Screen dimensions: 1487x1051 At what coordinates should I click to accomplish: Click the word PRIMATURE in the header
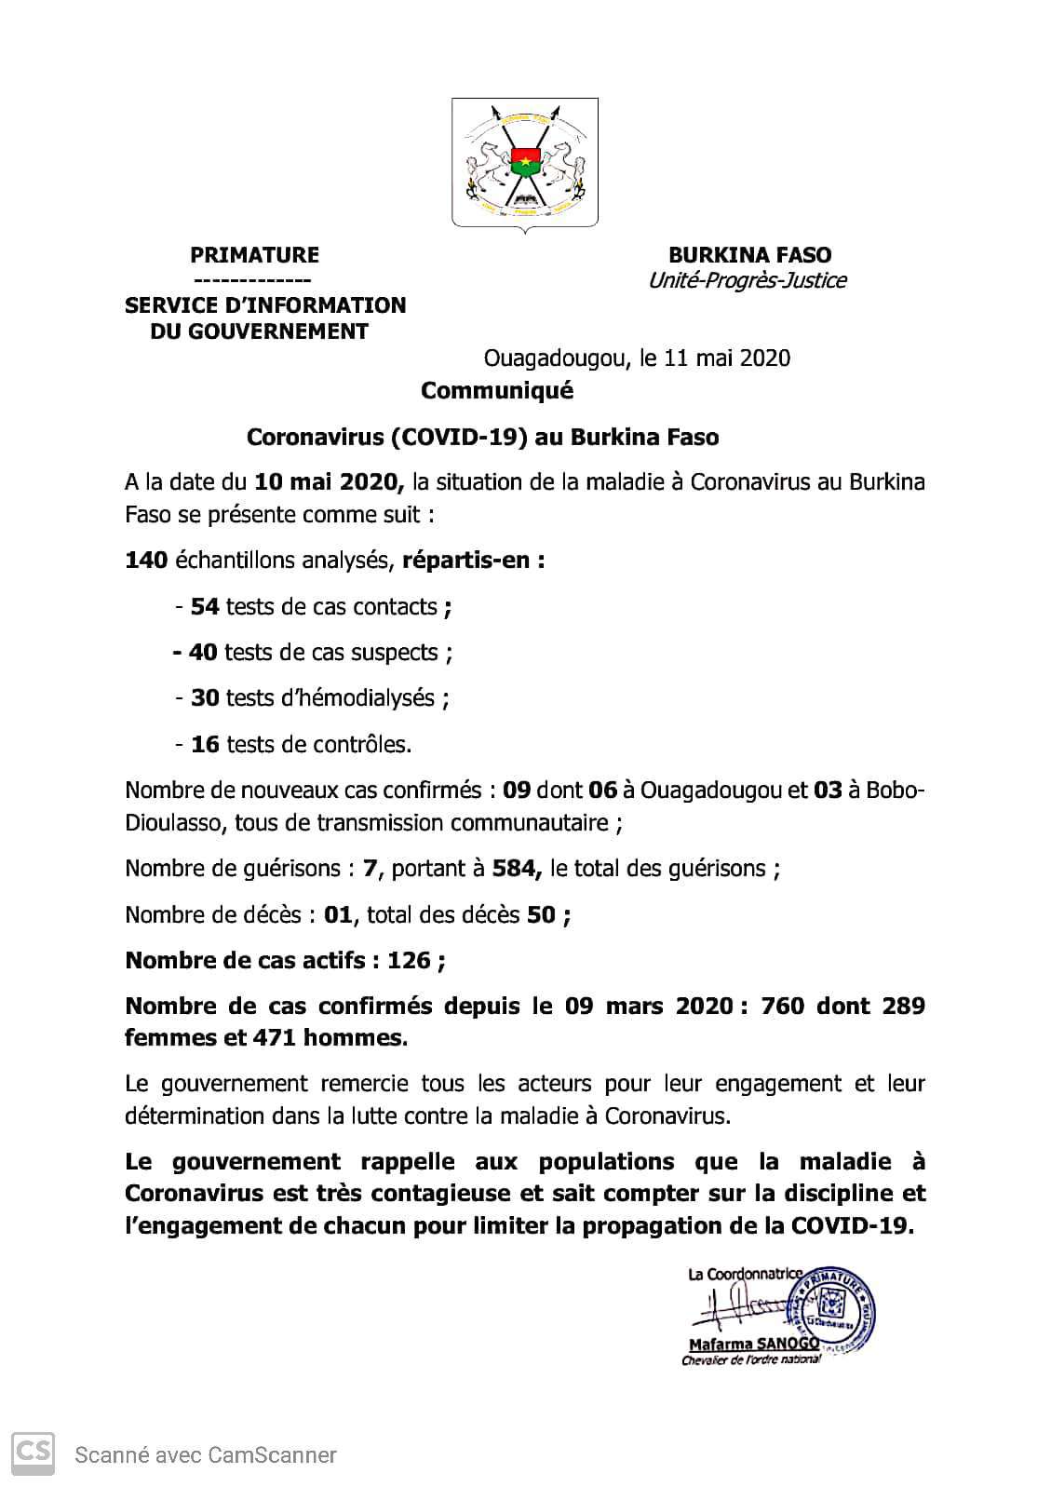tap(254, 255)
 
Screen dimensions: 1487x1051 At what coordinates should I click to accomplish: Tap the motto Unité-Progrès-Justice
tap(747, 280)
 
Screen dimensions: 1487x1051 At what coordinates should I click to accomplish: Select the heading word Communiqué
tap(496, 391)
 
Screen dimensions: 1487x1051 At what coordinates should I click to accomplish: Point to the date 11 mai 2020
tap(727, 358)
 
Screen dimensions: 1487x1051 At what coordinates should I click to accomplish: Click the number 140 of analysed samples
tap(146, 561)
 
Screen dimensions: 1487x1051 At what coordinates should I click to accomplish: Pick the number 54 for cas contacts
tap(205, 607)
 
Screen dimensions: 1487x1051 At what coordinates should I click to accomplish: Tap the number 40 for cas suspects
tap(203, 653)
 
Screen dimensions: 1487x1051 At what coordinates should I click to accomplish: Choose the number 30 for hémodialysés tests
tap(205, 698)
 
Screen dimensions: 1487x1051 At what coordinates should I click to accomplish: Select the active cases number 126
tap(409, 960)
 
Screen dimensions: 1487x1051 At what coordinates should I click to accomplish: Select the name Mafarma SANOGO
tap(752, 1344)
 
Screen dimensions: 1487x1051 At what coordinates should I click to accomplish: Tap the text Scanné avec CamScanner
tap(206, 1454)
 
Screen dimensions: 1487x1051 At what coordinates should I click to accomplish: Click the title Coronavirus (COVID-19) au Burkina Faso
tap(482, 437)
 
